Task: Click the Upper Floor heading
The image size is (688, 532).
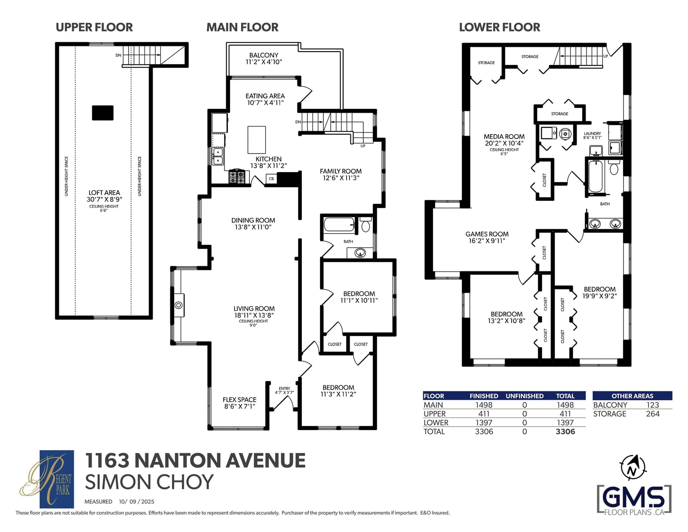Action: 94,28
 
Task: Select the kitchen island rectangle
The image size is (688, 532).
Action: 256,140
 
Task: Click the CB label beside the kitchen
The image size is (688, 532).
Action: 271,178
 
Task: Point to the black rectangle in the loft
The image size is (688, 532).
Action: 103,113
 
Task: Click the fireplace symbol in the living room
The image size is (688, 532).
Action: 178,305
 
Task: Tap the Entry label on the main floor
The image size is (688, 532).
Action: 284,388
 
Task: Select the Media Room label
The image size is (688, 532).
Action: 504,136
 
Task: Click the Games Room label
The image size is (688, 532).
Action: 487,234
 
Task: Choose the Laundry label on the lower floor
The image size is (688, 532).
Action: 593,134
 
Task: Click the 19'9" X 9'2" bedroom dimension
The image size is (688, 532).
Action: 600,296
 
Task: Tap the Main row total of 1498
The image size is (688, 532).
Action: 565,405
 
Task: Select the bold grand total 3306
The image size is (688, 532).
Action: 565,432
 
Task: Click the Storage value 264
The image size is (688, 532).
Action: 653,414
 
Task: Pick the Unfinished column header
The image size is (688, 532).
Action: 525,396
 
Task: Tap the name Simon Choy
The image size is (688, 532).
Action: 149,482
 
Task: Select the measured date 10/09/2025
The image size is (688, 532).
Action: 136,501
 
